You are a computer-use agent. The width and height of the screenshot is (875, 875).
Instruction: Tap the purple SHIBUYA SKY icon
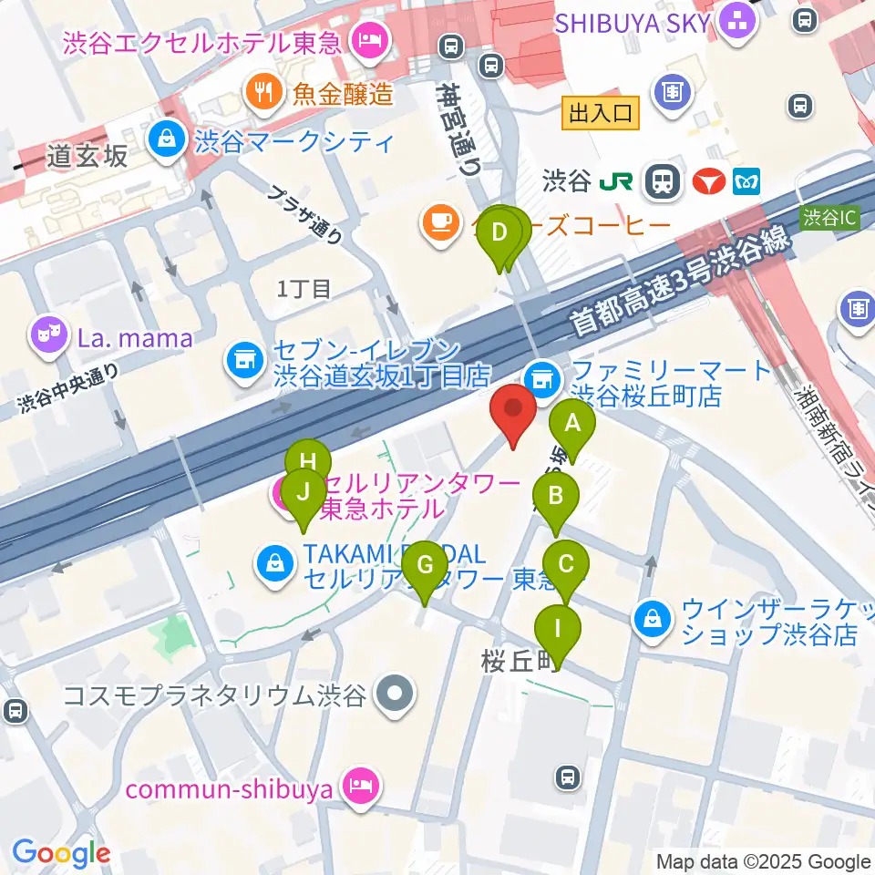click(x=735, y=23)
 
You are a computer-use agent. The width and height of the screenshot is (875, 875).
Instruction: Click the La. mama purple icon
click(x=46, y=339)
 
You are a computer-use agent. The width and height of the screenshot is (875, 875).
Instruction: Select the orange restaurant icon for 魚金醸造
click(x=261, y=90)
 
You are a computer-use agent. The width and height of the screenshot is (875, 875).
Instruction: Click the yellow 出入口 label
click(x=601, y=113)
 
